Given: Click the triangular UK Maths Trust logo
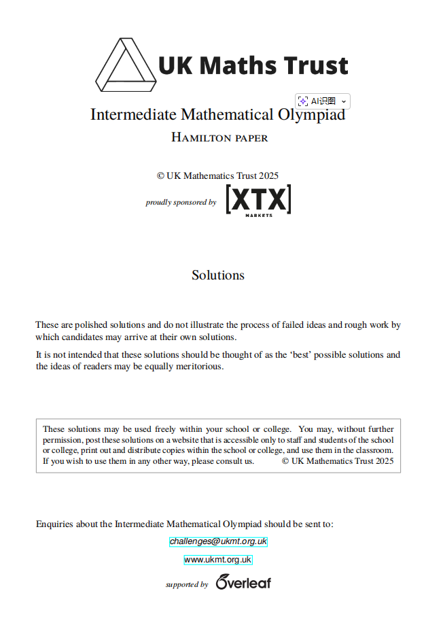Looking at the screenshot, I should point(125,65).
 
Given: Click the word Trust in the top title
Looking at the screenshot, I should point(315,66).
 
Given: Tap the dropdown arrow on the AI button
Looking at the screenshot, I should point(344,101).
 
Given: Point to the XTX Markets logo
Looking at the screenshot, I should point(258,200).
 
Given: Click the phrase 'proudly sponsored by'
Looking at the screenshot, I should point(181,202).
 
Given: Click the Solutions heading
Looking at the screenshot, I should point(217,275).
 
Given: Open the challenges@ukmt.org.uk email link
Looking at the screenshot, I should point(218,541).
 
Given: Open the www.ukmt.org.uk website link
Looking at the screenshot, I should point(217,560).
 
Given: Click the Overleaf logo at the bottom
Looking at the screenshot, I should point(243,582).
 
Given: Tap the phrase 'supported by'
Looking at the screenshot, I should point(187,584).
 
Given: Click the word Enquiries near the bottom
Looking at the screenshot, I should point(55,524).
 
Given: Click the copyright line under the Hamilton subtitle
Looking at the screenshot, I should point(217,175).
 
